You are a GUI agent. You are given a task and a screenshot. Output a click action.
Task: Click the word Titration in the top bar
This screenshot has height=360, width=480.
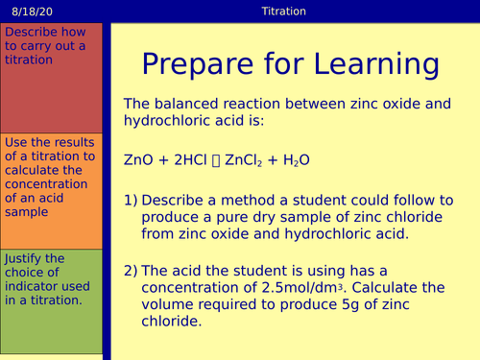click(x=283, y=12)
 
